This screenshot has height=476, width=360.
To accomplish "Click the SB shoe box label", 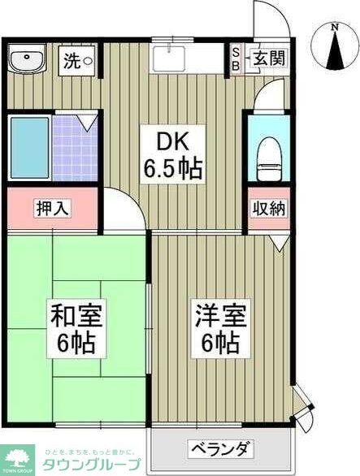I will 236,58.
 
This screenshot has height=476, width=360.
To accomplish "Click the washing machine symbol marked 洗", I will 79,59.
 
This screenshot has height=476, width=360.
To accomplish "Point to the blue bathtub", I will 28,149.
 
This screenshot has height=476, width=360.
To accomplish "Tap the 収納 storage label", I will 267,208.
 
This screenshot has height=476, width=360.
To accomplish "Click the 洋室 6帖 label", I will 217,327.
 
